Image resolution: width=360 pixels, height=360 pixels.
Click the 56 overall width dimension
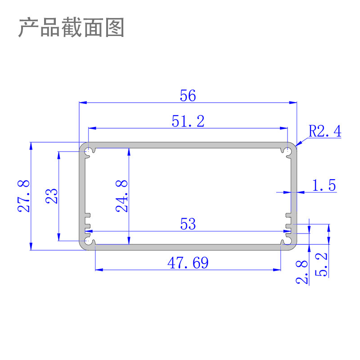188,95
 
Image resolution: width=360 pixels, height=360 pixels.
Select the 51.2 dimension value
188,121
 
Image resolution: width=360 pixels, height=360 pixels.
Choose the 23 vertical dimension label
52,196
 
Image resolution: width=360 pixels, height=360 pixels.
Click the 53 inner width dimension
188,224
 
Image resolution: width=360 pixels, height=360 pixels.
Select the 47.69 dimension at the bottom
188,263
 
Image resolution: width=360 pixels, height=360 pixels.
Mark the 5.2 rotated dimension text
323,265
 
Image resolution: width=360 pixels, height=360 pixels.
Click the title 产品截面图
71,28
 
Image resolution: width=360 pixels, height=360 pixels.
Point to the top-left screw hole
90,150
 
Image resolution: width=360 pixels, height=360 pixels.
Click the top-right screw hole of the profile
287,150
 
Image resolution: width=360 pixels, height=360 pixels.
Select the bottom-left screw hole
90,242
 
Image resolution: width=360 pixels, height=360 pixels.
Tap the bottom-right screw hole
287,242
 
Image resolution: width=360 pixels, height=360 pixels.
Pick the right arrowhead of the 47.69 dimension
278,270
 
